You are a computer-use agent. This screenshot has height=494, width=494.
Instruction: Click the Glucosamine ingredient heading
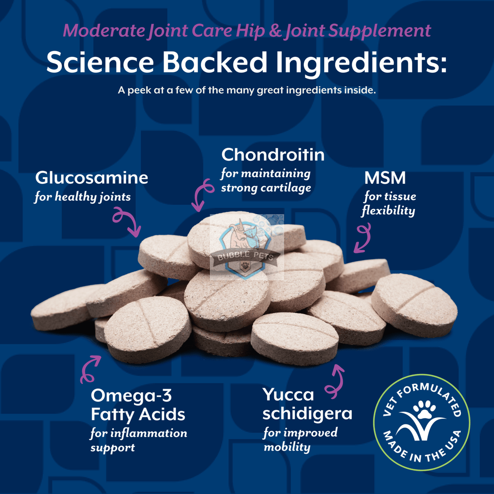[92, 178]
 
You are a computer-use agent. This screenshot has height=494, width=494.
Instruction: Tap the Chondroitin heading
[273, 155]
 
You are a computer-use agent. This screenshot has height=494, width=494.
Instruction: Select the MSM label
[385, 178]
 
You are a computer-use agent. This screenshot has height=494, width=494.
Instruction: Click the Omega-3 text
[131, 396]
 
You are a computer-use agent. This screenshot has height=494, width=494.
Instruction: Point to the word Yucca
[288, 395]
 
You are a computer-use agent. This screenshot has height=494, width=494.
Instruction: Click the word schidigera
[307, 413]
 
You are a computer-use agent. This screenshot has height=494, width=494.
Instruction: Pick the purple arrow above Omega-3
[89, 369]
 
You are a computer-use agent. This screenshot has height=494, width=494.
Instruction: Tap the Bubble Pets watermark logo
[247, 247]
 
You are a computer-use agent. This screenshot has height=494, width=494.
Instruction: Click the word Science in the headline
[100, 62]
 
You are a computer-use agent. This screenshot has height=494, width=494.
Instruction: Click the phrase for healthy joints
[82, 197]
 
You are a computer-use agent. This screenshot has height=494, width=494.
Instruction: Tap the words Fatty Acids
[138, 414]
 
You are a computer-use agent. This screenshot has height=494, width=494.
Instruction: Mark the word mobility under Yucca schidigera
[287, 447]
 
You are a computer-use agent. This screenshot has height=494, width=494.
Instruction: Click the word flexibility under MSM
[388, 210]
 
